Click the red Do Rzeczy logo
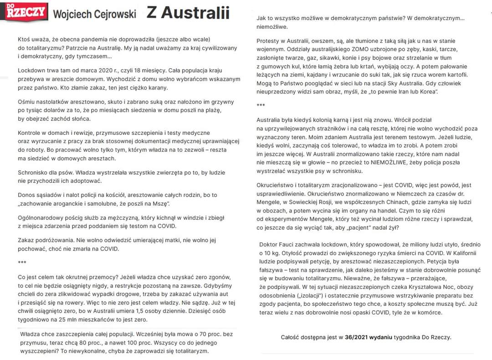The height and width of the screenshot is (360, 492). (26, 12)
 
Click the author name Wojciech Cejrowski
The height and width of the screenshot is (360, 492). (94, 14)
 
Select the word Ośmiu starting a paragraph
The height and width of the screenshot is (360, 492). (27, 102)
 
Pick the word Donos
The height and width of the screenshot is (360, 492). (27, 195)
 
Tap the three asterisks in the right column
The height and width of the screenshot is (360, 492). (261, 105)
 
